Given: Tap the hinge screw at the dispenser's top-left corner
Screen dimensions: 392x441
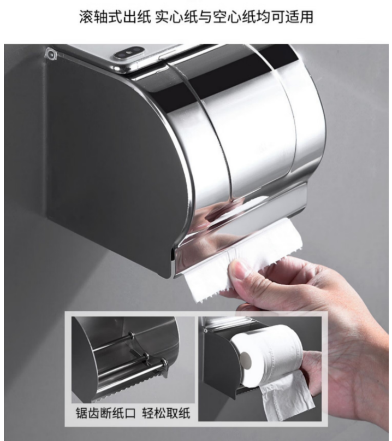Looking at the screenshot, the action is [51, 54].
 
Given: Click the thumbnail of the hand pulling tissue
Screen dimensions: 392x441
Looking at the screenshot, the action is [260, 369].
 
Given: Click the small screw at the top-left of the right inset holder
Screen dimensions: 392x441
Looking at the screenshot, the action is [206, 331].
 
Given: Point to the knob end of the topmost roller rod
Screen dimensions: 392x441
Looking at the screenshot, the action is [131, 335].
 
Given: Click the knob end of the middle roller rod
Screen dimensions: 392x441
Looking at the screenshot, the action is [146, 356].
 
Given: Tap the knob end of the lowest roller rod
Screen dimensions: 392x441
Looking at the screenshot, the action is [164, 362].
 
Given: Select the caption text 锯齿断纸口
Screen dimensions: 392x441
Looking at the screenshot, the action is [106, 413].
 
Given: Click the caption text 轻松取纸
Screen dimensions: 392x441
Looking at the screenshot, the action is [166, 413].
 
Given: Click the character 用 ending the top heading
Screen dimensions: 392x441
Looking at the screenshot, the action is [307, 17].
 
